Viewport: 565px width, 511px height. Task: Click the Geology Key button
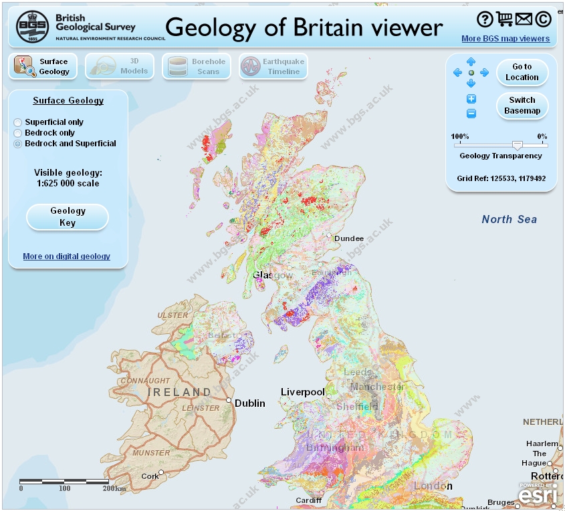pyautogui.click(x=68, y=217)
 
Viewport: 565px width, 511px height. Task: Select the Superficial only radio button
pyautogui.click(x=18, y=122)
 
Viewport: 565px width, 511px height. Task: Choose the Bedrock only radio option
pyautogui.click(x=18, y=133)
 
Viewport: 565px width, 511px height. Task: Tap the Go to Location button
pyautogui.click(x=522, y=72)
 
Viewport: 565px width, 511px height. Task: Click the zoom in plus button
pyautogui.click(x=471, y=99)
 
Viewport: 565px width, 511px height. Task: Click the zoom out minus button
pyautogui.click(x=471, y=114)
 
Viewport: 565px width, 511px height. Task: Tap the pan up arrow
pyautogui.click(x=471, y=62)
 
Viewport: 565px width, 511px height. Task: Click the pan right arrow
pyautogui.click(x=485, y=72)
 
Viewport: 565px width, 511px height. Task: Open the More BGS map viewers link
pyautogui.click(x=505, y=39)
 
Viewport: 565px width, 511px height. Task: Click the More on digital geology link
pyautogui.click(x=66, y=257)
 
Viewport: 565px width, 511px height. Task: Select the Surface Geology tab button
pyautogui.click(x=43, y=66)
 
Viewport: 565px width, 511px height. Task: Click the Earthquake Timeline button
pyautogui.click(x=273, y=66)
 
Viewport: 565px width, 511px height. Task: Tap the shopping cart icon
pyautogui.click(x=505, y=19)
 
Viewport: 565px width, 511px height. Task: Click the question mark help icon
pyautogui.click(x=485, y=19)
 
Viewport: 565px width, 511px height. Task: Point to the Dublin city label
pyautogui.click(x=249, y=403)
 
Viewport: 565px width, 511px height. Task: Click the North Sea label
pyautogui.click(x=509, y=219)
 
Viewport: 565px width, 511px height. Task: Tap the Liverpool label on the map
pyautogui.click(x=302, y=391)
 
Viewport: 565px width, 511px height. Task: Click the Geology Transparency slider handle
pyautogui.click(x=517, y=145)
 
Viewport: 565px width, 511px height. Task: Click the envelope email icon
pyautogui.click(x=524, y=19)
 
